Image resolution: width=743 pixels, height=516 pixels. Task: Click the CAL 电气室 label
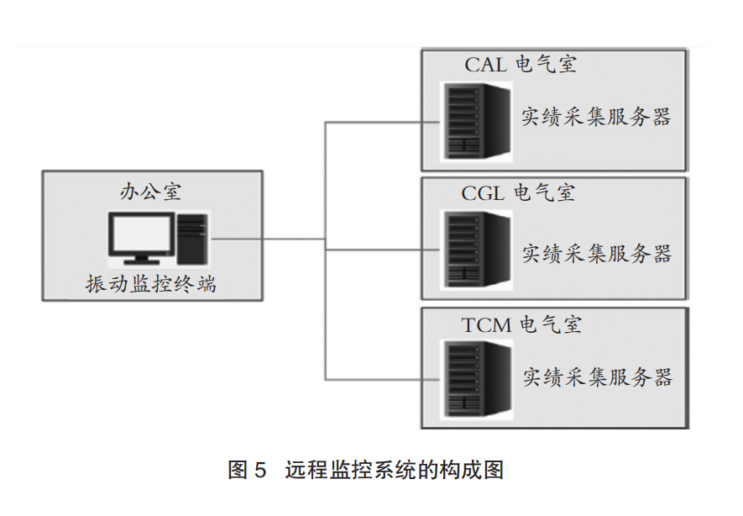[521, 65]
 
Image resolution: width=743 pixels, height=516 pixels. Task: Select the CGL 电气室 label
[518, 193]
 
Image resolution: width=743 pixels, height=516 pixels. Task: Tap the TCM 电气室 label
[521, 325]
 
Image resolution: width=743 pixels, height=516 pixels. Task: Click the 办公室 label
[150, 192]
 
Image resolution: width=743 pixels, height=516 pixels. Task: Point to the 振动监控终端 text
[150, 284]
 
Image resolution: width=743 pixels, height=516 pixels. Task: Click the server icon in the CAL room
[477, 121]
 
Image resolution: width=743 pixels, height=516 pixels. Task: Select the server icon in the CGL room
[477, 249]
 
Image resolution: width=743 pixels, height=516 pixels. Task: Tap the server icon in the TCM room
[477, 379]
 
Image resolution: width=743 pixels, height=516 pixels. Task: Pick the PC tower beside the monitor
[192, 239]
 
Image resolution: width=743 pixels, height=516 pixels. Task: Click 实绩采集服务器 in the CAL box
[596, 117]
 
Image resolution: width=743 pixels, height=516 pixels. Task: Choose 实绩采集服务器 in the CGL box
[597, 254]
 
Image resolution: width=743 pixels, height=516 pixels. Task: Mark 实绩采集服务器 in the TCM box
[598, 377]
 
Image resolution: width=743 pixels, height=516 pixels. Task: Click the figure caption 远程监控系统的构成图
[395, 470]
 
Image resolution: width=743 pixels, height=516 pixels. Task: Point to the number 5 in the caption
[260, 471]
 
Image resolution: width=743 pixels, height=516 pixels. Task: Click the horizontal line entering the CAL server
[383, 123]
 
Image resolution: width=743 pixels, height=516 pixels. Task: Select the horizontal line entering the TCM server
[383, 379]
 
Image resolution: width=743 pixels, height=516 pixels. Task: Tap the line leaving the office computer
[268, 239]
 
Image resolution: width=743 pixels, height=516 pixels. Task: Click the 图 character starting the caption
[238, 470]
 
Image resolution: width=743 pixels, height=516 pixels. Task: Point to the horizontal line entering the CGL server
[383, 250]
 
